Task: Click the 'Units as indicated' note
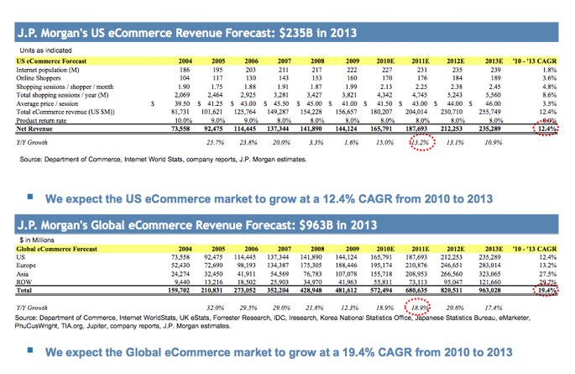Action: [37, 50]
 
